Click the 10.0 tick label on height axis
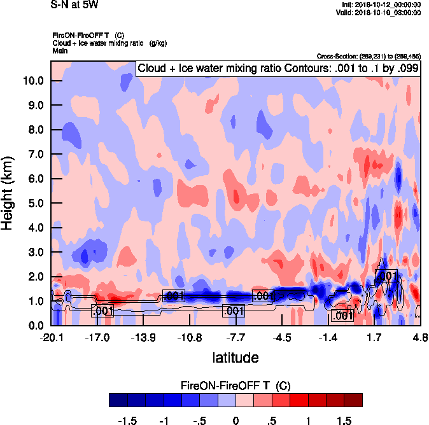click(x=32, y=81)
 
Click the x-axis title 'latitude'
click(x=235, y=357)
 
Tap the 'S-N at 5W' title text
click(x=74, y=5)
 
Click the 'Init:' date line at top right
click(x=381, y=4)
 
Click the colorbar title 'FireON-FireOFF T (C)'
click(x=236, y=386)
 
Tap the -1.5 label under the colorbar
click(x=130, y=420)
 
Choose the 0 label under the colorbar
click(x=236, y=420)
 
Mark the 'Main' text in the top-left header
click(x=60, y=50)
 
